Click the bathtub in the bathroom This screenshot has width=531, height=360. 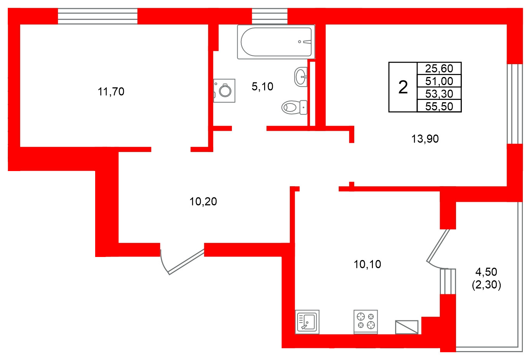point(276,42)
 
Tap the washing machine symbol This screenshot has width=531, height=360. point(225,91)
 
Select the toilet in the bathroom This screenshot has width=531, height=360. point(294,107)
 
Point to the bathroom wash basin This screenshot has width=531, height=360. point(301,77)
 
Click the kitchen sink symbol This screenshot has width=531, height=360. point(307,322)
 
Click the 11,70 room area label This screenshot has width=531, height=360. point(111,92)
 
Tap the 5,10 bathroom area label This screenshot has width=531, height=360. point(263,86)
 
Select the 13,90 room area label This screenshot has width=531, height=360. point(425,138)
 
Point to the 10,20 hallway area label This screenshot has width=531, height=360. point(203,201)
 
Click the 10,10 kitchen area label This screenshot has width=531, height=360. point(367,264)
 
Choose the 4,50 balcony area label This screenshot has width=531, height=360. point(486,272)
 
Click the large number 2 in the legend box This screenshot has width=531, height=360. point(403,87)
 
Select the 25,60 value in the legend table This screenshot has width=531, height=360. point(439,68)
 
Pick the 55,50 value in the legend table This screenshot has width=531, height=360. point(439,106)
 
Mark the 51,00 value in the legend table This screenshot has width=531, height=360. point(439,81)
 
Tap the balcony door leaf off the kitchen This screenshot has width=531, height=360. point(438,246)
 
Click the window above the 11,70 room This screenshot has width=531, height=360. point(97,16)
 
